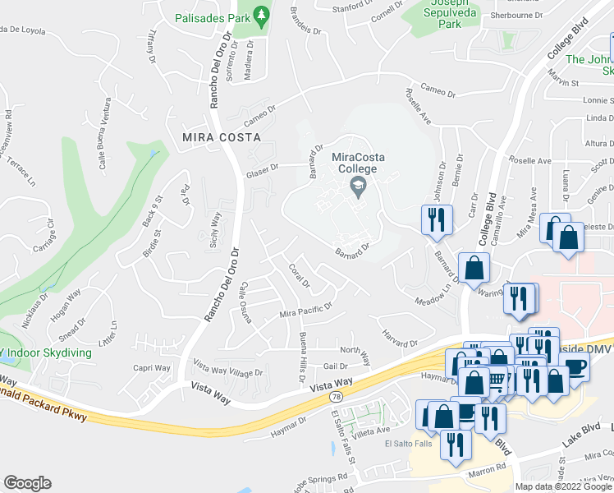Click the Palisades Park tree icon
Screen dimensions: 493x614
tap(262, 15)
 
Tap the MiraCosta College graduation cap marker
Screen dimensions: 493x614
tap(357, 188)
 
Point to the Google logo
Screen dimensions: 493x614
tap(27, 483)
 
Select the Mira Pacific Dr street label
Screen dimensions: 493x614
tap(305, 311)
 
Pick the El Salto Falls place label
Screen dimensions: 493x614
tap(408, 445)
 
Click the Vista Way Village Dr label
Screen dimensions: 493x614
tap(227, 366)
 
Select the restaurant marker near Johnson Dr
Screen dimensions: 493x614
tap(434, 219)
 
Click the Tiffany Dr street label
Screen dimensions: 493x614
tap(150, 48)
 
